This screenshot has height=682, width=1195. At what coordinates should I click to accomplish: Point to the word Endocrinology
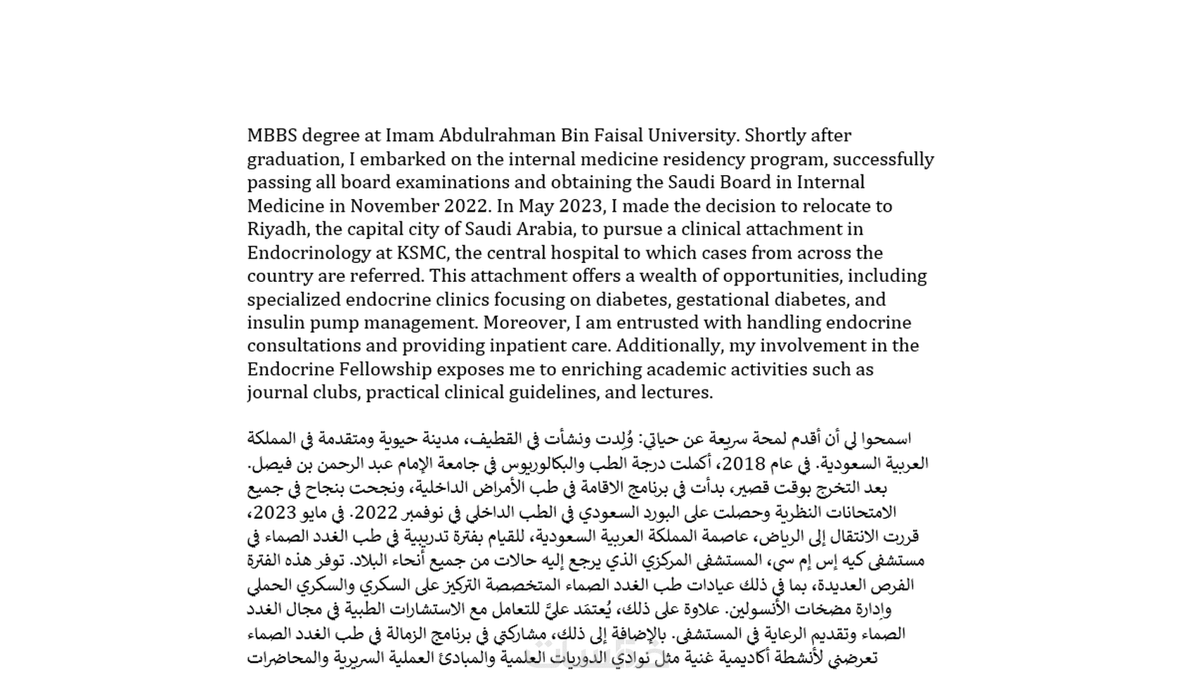(x=309, y=252)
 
